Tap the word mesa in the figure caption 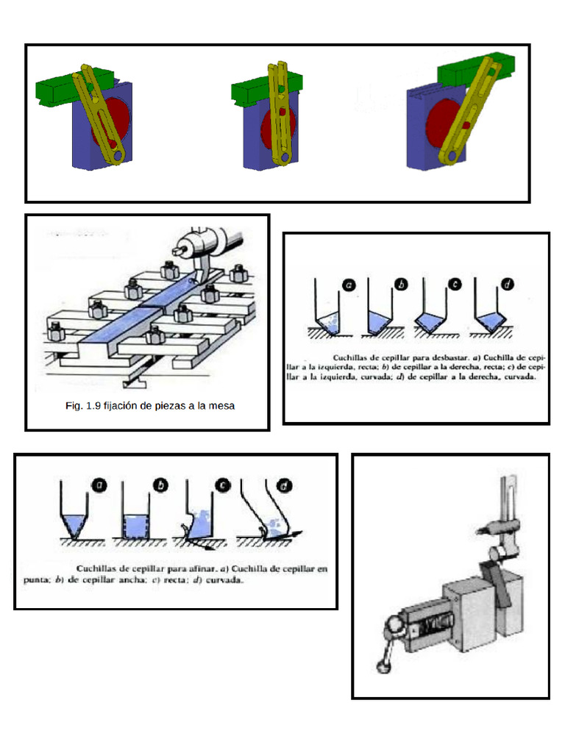221,406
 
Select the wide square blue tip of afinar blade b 135,527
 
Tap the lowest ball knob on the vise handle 383,668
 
